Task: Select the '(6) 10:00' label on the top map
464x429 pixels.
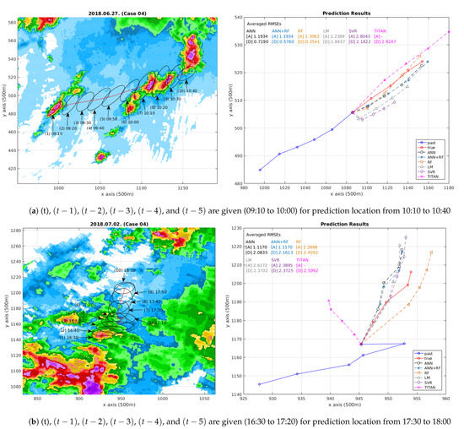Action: (133, 122)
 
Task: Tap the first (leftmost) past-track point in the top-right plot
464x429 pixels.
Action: (260, 170)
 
